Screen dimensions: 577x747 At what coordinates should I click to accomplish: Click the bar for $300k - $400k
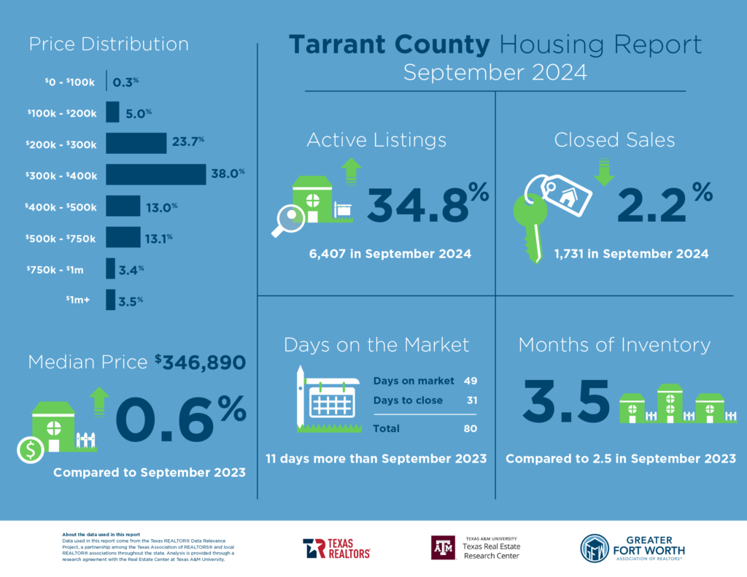pyautogui.click(x=155, y=174)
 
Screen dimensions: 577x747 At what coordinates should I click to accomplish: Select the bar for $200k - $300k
pyautogui.click(x=136, y=143)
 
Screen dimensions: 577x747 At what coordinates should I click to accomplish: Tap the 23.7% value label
pyautogui.click(x=189, y=142)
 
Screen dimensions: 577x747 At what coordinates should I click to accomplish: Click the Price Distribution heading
pyautogui.click(x=109, y=44)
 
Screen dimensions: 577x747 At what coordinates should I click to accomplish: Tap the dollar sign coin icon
pyautogui.click(x=30, y=451)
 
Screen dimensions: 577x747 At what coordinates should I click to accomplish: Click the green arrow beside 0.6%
pyautogui.click(x=98, y=400)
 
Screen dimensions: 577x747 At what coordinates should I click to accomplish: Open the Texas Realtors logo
pyautogui.click(x=336, y=548)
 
